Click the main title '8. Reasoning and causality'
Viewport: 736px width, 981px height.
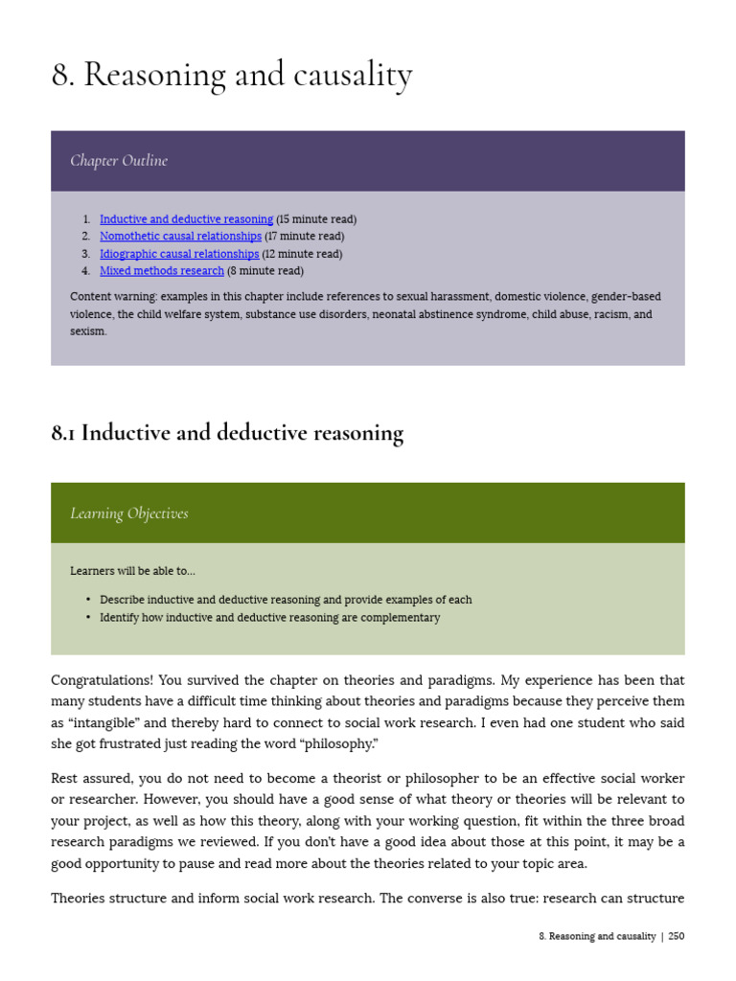click(231, 76)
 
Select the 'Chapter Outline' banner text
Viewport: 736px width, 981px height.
click(119, 161)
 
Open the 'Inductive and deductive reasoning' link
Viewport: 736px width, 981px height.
click(186, 219)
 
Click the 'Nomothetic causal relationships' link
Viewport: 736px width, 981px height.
click(180, 237)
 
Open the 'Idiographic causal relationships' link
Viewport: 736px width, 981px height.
click(179, 254)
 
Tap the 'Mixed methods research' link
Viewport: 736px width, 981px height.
click(161, 271)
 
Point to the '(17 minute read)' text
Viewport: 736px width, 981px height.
click(305, 237)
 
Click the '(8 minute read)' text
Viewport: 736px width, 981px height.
click(264, 271)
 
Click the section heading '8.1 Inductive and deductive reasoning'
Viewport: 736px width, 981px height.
click(227, 433)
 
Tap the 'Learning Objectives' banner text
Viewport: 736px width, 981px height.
click(128, 513)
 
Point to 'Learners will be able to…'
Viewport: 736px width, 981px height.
click(132, 571)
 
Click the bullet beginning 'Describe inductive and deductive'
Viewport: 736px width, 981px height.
click(286, 600)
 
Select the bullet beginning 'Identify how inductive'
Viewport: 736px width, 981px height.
click(269, 618)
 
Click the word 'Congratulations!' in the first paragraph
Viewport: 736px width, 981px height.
click(102, 681)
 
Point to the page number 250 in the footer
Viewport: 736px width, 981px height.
click(677, 936)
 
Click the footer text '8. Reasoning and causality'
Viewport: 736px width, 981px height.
click(597, 936)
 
